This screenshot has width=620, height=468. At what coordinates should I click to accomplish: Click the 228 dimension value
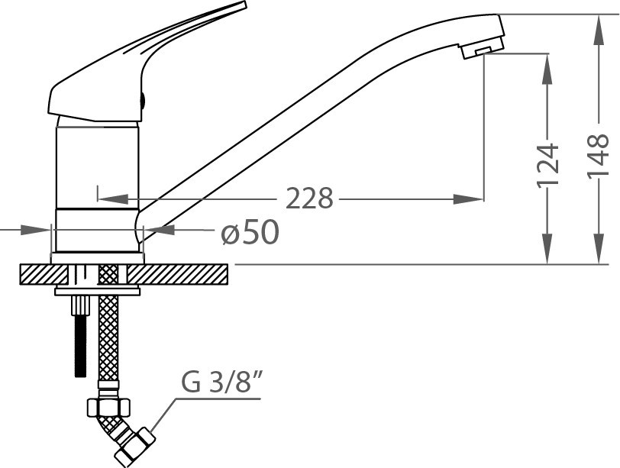pyautogui.click(x=309, y=198)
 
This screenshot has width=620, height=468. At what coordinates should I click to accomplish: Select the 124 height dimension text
pyautogui.click(x=548, y=165)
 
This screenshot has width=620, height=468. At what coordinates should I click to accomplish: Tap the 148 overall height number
pyautogui.click(x=597, y=157)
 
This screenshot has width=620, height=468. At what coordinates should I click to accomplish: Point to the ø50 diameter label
pyautogui.click(x=250, y=232)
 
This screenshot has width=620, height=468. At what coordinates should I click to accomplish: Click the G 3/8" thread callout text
pyautogui.click(x=222, y=382)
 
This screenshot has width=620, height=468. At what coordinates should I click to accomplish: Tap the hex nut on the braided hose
pyautogui.click(x=108, y=406)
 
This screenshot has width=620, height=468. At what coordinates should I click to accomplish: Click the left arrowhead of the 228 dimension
pyautogui.click(x=113, y=198)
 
